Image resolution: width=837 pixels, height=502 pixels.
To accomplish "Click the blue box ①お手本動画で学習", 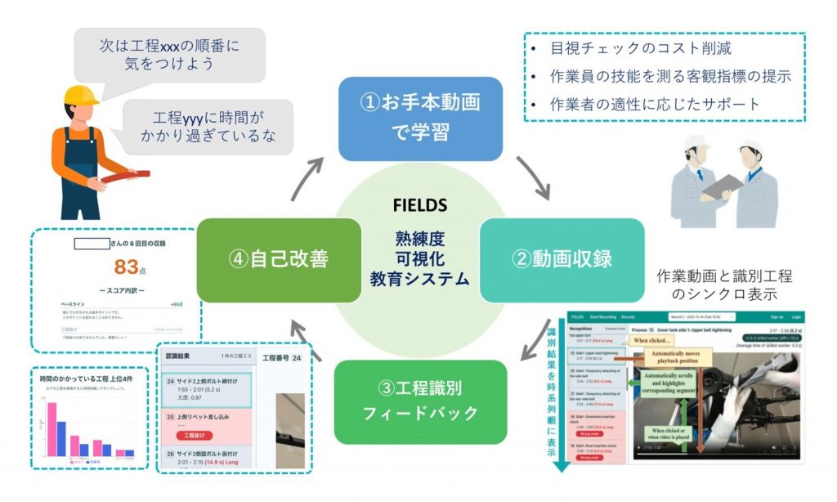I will [419, 118].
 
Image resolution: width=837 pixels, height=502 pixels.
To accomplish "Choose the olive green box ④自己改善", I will [279, 260].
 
